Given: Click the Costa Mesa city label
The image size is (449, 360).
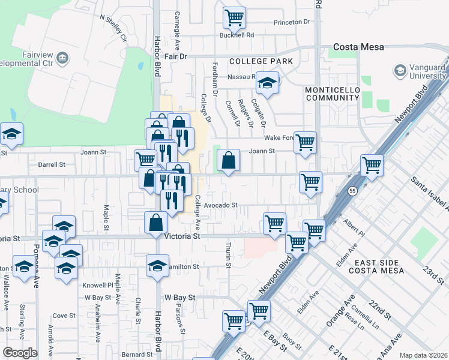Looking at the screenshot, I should pyautogui.click(x=358, y=47).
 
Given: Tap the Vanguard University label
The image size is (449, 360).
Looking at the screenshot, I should pyautogui.click(x=427, y=71).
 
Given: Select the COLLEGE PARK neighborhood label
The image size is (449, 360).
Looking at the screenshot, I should pyautogui.click(x=261, y=61).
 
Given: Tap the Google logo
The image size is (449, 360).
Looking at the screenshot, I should pyautogui.click(x=20, y=353).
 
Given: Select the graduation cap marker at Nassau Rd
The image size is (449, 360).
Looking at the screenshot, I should pyautogui.click(x=268, y=82).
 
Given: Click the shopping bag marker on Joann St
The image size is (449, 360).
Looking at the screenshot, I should pyautogui.click(x=228, y=160).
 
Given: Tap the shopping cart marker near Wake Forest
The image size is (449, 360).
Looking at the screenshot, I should pyautogui.click(x=305, y=143).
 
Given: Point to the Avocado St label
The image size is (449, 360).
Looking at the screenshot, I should pyautogui.click(x=220, y=205).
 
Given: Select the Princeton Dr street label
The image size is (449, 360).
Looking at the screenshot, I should pyautogui.click(x=291, y=22).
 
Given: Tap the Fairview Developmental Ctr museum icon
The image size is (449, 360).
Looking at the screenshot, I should pyautogui.click(x=62, y=58).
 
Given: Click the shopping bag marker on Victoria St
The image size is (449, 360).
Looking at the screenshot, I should pyautogui.click(x=156, y=222).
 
